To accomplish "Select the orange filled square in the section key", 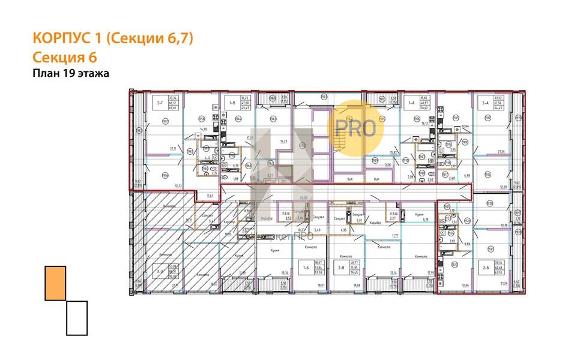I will [55, 283].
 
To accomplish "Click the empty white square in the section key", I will [77, 317].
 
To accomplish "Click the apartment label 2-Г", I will [160, 103].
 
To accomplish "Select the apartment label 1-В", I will [232, 103].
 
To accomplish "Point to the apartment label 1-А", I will [411, 103].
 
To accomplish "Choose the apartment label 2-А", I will [485, 103].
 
